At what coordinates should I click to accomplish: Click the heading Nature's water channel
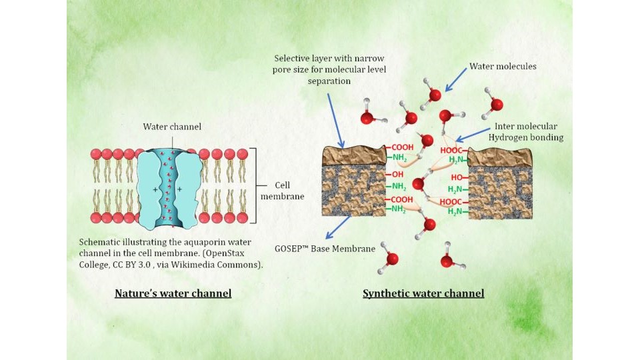pos(173,293)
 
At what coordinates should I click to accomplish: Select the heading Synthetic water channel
pos(423,293)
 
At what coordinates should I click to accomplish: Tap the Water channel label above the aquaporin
pos(172,127)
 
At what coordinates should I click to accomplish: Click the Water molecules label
pos(503,67)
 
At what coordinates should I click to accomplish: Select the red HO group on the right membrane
pos(457,177)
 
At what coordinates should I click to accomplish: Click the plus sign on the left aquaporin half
pos(155,190)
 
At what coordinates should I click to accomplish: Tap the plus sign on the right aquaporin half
pos(179,190)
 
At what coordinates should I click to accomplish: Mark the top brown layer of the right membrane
pos(500,157)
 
